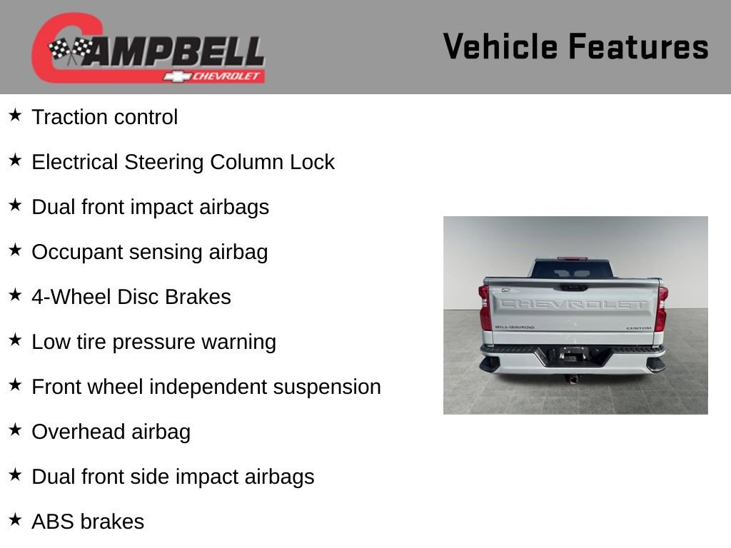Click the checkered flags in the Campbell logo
pos(70,51)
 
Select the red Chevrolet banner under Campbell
pos(214,76)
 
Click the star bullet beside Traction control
pos(15,116)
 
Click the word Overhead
pos(79,432)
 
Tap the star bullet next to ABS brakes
pos(15,520)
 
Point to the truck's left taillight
pos(485,308)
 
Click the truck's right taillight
pos(662,308)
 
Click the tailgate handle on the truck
pos(574,287)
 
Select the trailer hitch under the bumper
pos(573,377)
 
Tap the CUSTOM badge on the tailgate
pos(638,328)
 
